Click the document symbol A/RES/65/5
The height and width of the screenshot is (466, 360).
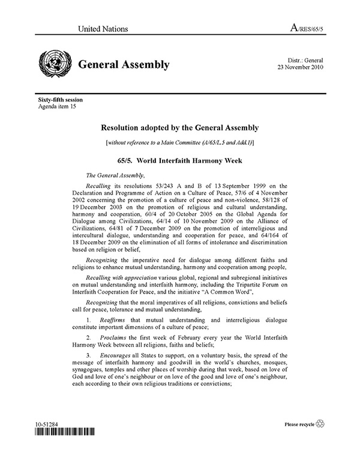[x=304, y=28]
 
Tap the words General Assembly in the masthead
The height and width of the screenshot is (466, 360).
[x=123, y=65]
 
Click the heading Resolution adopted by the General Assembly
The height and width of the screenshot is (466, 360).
[x=180, y=128]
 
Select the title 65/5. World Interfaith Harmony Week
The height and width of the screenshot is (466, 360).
[x=180, y=161]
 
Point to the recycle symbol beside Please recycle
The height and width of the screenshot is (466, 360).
[x=319, y=425]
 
